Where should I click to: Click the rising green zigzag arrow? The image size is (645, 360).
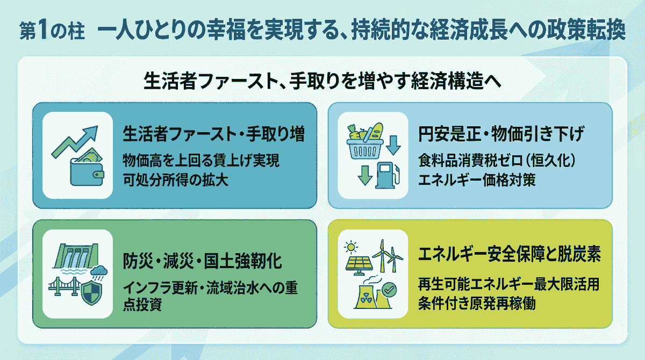75,142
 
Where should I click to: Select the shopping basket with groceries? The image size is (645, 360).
365,141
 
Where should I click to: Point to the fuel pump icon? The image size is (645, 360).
388,176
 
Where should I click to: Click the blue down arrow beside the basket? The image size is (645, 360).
393,145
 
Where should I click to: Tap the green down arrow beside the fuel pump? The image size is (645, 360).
365,176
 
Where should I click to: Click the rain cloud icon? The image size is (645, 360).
99,272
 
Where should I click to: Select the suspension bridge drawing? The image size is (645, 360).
64,286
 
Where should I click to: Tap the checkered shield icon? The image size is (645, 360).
92,293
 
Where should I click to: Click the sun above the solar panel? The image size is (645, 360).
350,247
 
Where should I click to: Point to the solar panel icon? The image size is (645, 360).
359,265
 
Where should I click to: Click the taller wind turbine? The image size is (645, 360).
382,256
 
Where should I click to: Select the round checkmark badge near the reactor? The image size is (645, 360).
389,290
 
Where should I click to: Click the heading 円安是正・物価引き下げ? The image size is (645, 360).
501,134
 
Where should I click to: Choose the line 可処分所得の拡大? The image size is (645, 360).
175,180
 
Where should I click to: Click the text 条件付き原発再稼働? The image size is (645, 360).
477,303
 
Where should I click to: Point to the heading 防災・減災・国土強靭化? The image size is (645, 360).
202,261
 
